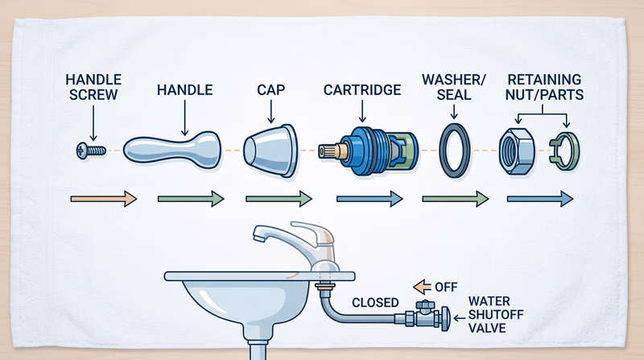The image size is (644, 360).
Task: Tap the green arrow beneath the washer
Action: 455,198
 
